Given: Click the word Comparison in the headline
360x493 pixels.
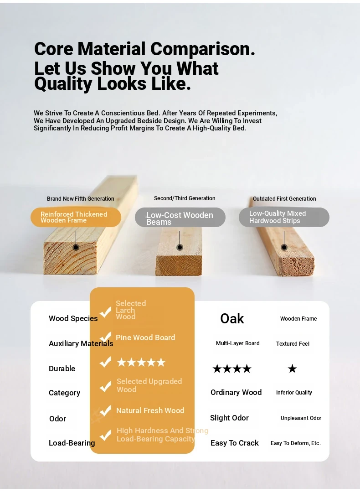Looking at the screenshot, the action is [x=203, y=49].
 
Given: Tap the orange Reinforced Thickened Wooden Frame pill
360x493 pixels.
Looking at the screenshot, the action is [x=76, y=217].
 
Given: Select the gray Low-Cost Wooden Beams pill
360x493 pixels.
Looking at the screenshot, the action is [x=180, y=217].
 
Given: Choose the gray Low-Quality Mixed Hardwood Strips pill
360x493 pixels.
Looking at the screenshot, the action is [x=284, y=217].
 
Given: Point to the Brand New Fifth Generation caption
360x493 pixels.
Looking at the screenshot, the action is [x=80, y=199].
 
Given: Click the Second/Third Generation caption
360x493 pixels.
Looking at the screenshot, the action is [x=185, y=198].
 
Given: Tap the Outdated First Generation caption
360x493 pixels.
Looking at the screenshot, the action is [x=284, y=199].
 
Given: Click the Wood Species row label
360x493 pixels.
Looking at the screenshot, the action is [x=73, y=318].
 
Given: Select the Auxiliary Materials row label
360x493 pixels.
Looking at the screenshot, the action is [x=81, y=344].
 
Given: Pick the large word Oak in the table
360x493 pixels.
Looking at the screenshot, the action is [x=232, y=318].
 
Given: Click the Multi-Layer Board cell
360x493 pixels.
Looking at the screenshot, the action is [x=237, y=343].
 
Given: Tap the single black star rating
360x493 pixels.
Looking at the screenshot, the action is [x=292, y=368].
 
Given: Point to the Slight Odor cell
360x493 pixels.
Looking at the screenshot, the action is [x=229, y=418].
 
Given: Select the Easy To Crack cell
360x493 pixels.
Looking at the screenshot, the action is [x=234, y=443].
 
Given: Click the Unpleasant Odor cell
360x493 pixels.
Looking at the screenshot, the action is [x=301, y=418].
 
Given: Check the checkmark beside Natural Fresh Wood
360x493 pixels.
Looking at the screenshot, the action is [x=105, y=410].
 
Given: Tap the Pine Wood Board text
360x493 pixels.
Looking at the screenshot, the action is [x=145, y=337].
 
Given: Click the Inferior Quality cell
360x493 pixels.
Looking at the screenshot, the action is [x=294, y=393].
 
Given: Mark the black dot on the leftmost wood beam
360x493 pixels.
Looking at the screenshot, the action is [x=76, y=248].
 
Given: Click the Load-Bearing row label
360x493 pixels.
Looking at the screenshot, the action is [x=72, y=443].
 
